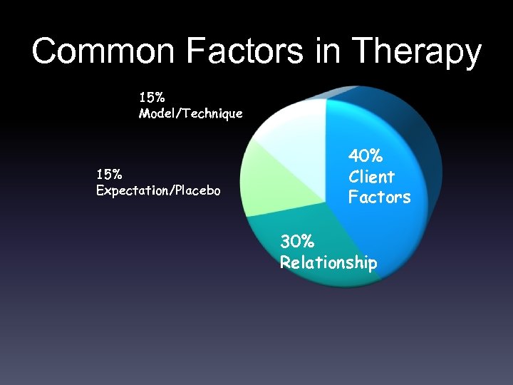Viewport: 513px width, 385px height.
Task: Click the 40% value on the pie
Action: click(x=366, y=155)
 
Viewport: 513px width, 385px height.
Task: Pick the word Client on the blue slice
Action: click(x=371, y=176)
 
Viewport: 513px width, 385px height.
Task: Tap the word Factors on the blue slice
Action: click(x=379, y=197)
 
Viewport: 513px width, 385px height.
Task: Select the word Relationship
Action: click(x=328, y=262)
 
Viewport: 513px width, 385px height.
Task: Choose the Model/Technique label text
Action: click(x=190, y=113)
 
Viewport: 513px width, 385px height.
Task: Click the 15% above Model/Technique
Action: click(x=152, y=95)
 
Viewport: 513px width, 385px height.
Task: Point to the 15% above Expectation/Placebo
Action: click(x=109, y=173)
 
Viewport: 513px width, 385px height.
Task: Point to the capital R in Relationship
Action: click(x=285, y=262)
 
